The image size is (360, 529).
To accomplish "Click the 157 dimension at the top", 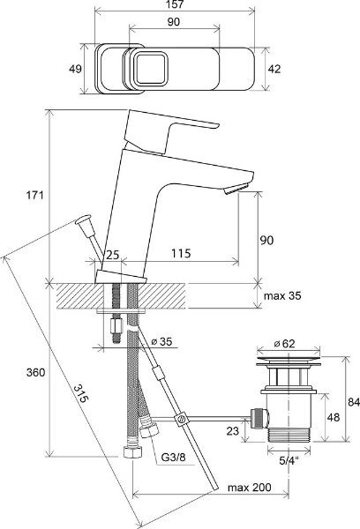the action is click(176, 4).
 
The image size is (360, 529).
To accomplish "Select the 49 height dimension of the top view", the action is click(75, 69).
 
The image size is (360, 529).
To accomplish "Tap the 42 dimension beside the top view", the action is click(274, 69).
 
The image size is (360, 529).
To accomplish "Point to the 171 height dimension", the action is click(35, 195).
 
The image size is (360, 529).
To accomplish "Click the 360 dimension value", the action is click(36, 372).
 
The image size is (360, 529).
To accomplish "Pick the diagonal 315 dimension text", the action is click(81, 393).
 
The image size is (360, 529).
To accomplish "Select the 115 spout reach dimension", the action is click(181, 253).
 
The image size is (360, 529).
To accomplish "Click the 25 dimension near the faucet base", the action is click(113, 255).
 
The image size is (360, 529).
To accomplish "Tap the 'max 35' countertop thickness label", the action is click(282, 296).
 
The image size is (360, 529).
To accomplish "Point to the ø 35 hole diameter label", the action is click(161, 341).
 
